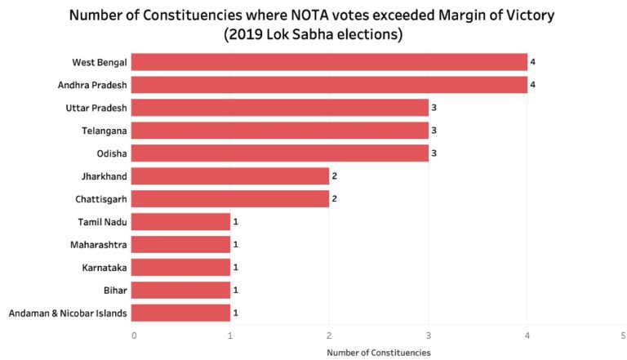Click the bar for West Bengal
tap(329, 62)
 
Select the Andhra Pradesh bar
tap(329, 85)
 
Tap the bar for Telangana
tap(279, 131)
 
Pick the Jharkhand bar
tap(229, 176)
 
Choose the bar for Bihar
tap(180, 290)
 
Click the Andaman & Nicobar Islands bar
tap(180, 313)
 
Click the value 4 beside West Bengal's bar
tap(532, 62)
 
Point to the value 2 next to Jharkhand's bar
tap(334, 176)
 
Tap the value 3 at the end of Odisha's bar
tap(434, 153)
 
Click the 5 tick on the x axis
tap(624, 335)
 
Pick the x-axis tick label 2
tap(329, 335)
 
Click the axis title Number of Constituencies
tap(378, 353)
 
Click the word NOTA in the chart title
tap(300, 15)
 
